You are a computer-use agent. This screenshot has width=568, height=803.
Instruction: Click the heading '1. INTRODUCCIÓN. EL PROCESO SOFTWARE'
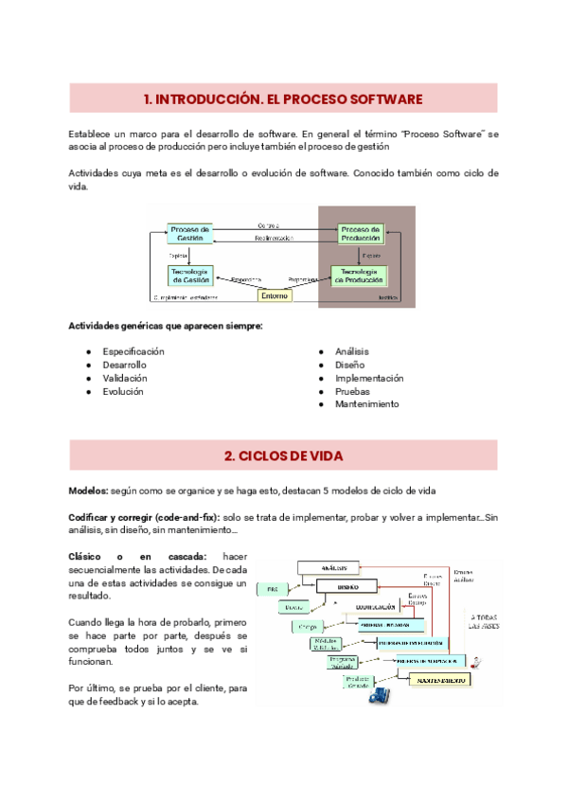[x=283, y=98]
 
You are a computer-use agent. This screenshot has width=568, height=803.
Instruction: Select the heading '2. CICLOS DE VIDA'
[x=283, y=455]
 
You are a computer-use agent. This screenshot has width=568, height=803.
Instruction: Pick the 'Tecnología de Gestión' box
[x=190, y=275]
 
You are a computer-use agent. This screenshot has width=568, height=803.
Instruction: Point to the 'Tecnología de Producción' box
[x=360, y=275]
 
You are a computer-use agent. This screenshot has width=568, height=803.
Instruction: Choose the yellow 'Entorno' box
[x=275, y=294]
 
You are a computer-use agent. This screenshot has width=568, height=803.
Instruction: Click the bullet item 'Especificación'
[x=133, y=351]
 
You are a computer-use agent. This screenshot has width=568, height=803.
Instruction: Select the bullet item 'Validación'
[x=125, y=378]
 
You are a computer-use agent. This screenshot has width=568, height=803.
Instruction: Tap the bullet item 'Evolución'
[x=123, y=391]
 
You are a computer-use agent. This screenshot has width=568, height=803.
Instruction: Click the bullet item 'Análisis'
[x=351, y=351]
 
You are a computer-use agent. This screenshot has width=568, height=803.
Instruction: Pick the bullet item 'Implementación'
[x=368, y=378]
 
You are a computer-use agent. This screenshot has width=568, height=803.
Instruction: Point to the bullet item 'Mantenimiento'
[x=366, y=404]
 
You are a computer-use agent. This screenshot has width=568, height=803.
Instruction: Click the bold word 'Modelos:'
[x=88, y=491]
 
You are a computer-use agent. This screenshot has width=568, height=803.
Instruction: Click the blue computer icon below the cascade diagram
[x=379, y=694]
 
